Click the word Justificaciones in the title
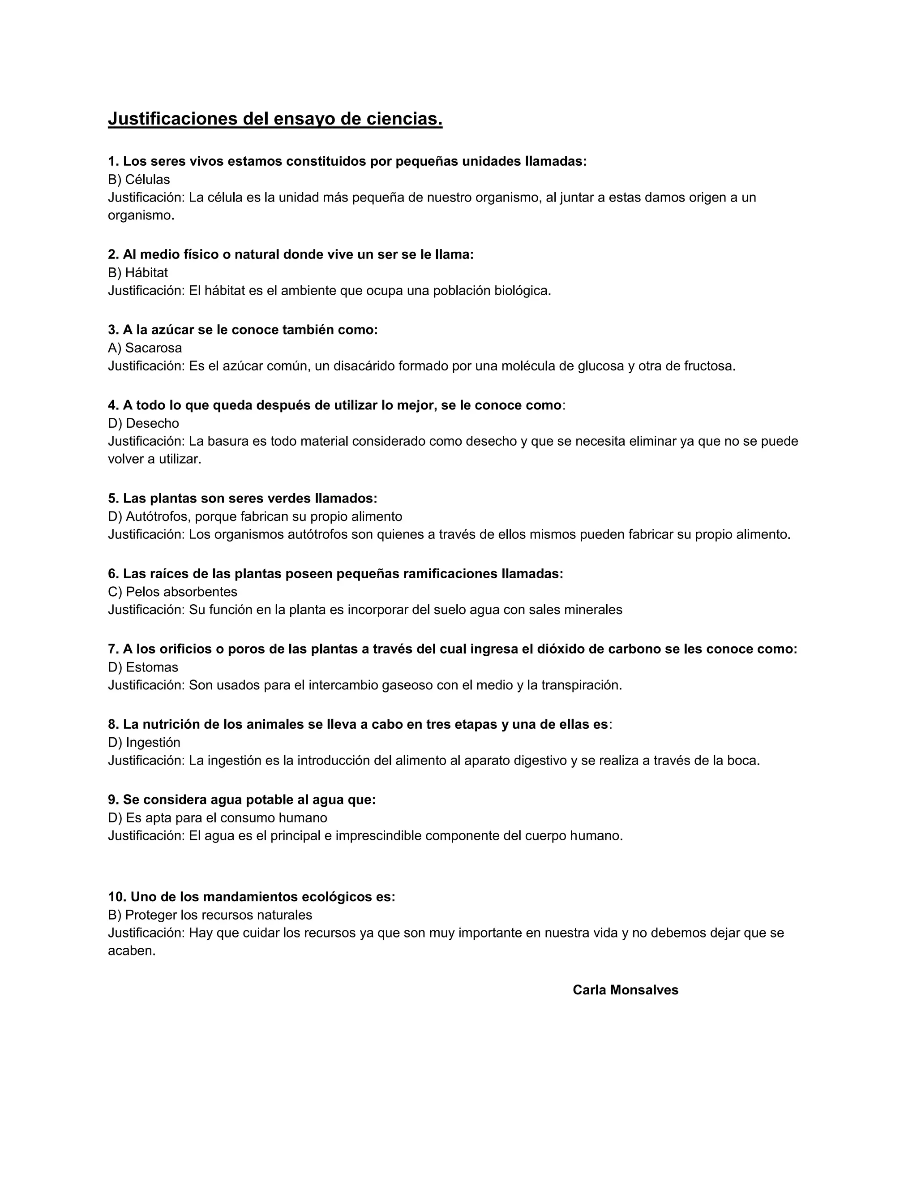tap(172, 119)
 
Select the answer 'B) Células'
tap(139, 179)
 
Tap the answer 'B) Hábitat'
tap(138, 272)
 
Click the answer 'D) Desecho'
tap(143, 423)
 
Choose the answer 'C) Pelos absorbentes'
tap(173, 591)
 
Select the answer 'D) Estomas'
tap(143, 667)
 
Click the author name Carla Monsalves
tap(625, 990)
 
